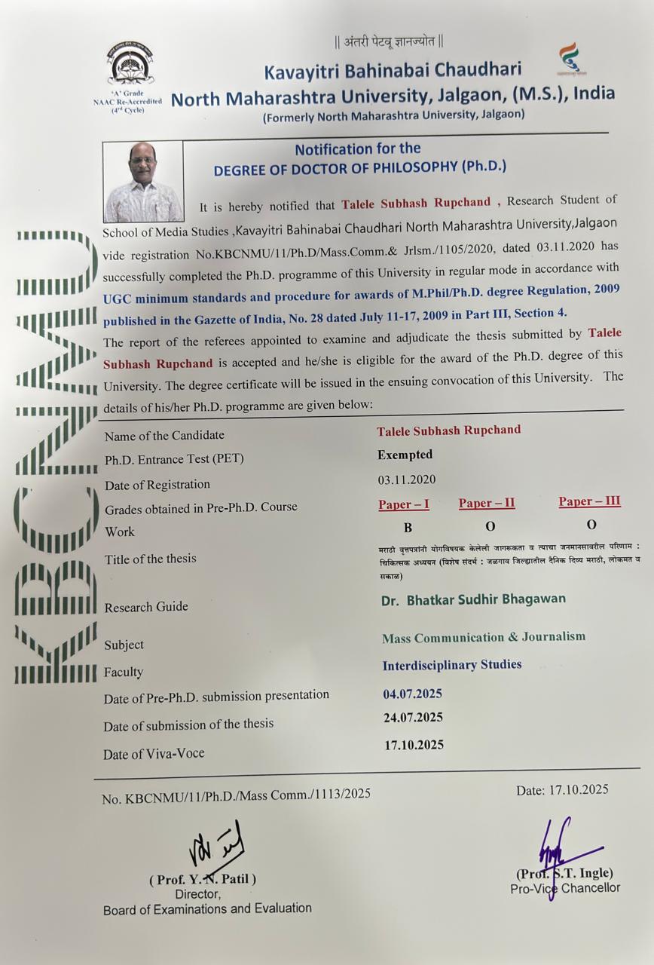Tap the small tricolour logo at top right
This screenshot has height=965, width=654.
click(571, 60)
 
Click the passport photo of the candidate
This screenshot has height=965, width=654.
click(143, 181)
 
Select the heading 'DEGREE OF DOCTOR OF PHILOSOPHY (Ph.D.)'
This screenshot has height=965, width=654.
click(360, 168)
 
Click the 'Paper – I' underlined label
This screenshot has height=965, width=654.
click(404, 504)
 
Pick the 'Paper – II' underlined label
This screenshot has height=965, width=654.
click(487, 503)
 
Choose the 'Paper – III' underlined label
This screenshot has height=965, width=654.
click(589, 501)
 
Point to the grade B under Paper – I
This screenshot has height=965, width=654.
click(408, 528)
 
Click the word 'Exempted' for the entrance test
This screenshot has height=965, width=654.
click(405, 455)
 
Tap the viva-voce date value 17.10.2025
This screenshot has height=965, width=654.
click(414, 745)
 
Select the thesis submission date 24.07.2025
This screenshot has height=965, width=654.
click(413, 717)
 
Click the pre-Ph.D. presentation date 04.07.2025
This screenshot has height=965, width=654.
click(412, 694)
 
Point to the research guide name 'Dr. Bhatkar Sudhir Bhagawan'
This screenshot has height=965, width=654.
click(473, 599)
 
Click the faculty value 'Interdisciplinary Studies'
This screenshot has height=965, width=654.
click(452, 665)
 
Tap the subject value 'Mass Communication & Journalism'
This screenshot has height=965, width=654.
click(484, 637)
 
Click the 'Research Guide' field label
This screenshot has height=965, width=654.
click(146, 607)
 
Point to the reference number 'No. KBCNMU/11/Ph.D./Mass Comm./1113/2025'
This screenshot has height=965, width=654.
click(236, 795)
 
